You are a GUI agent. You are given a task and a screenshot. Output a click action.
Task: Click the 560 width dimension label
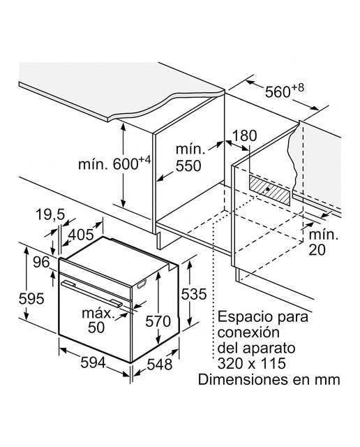[284, 91]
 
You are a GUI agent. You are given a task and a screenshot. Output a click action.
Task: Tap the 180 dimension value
[244, 135]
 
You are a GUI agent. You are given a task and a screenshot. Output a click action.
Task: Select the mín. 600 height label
[114, 163]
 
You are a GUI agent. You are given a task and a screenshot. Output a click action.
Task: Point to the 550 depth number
[188, 166]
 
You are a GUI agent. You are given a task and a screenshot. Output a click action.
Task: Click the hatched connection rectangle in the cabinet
[270, 190]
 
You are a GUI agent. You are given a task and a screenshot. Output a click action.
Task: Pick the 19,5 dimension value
[50, 214]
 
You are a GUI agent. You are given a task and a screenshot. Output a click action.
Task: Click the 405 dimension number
[81, 235]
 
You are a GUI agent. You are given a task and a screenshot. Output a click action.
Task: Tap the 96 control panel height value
[41, 262]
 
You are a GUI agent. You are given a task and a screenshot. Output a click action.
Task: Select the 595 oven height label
[31, 298]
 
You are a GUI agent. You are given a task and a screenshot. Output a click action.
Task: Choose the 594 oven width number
[93, 362]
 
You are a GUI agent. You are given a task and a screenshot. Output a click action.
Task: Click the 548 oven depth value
[160, 364]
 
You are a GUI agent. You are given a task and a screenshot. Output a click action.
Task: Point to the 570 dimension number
[158, 321]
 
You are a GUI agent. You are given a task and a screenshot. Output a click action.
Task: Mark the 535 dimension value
[194, 294]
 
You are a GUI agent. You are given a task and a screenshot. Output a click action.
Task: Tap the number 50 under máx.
[96, 328]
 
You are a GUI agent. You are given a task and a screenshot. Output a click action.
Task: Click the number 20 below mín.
[317, 250]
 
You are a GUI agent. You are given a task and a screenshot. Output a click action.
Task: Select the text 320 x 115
[251, 363]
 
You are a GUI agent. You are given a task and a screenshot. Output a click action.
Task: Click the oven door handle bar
[91, 293]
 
